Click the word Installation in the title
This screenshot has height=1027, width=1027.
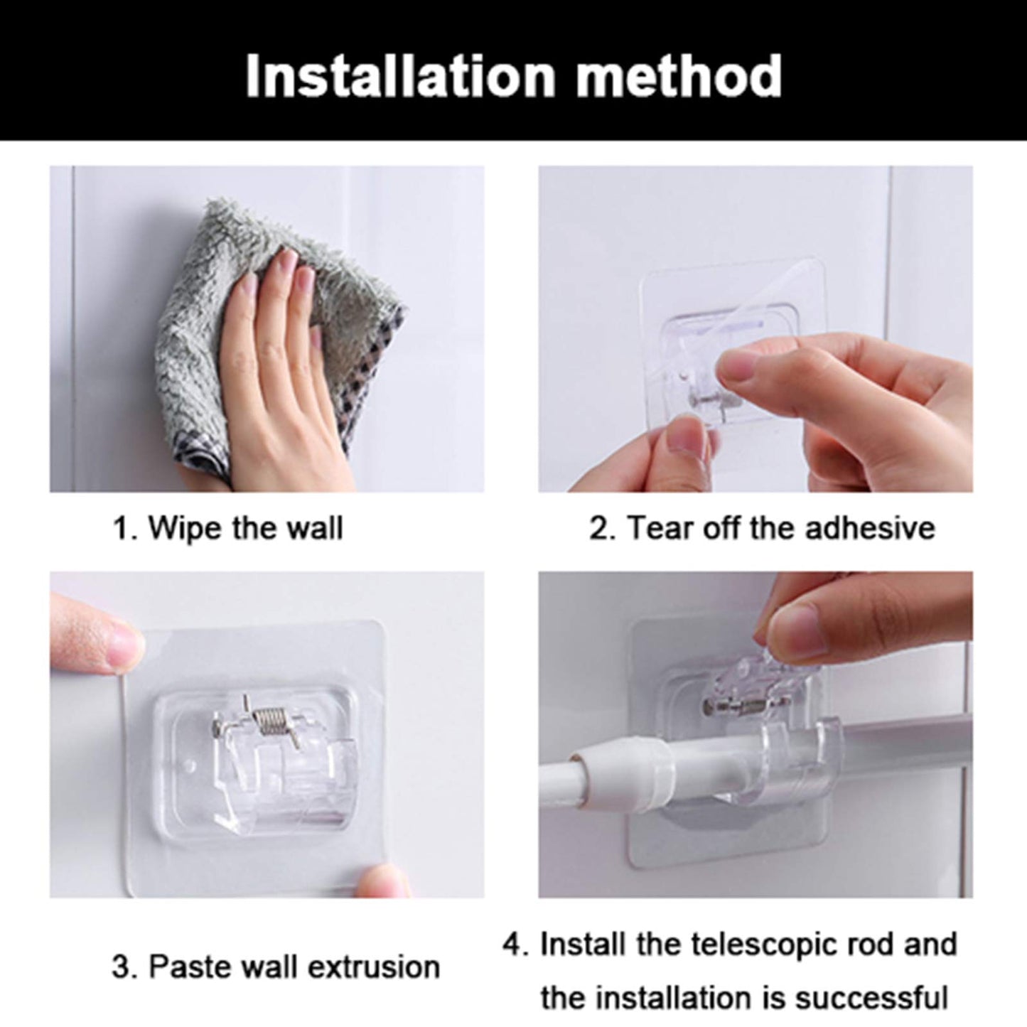pos(399,76)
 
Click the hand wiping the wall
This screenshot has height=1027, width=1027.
pos(284,355)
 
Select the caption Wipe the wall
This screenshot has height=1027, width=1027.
pos(227,529)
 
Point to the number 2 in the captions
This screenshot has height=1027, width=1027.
pos(596,529)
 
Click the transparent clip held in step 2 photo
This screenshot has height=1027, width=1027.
pos(711,370)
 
